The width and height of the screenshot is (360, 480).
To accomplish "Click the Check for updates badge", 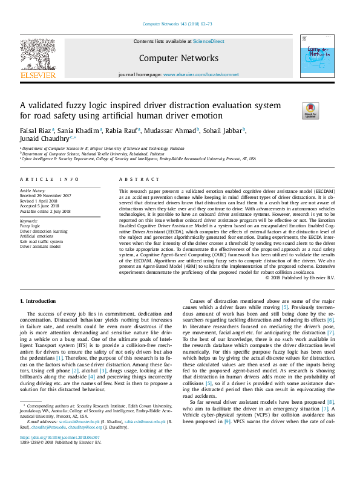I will [327, 111].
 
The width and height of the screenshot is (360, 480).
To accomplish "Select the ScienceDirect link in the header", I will [208, 42].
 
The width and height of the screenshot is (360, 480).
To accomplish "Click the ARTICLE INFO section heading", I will [50, 180].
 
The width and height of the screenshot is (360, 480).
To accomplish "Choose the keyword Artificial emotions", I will [36, 236].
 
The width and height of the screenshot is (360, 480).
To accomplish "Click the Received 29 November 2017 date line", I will [46, 195].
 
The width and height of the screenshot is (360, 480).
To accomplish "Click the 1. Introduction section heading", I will [38, 301].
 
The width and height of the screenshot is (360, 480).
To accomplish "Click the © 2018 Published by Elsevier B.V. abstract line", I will [299, 277].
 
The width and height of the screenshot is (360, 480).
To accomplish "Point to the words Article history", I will [34, 190].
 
